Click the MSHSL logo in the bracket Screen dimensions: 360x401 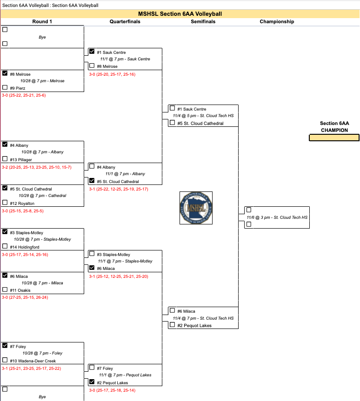196,208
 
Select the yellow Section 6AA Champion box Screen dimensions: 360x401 334,138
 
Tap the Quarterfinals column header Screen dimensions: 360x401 125,21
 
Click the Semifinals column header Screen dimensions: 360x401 203,21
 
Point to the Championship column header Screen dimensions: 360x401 277,21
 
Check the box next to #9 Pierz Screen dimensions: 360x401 5,87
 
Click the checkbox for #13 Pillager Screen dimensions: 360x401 5,159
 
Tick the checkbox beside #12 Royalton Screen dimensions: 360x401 5,203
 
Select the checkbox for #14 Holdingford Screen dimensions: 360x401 5,246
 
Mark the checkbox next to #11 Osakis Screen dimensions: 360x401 5,289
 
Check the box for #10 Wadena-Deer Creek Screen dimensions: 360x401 5,360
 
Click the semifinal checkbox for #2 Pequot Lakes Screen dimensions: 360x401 173,325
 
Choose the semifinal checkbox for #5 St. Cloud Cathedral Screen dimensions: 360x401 173,123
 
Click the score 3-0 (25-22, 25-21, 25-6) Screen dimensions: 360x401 24,95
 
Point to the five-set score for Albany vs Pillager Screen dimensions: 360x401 37,167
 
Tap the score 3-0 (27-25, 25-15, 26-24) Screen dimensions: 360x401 25,297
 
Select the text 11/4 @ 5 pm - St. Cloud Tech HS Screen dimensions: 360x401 203,116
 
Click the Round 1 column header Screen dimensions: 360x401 42,21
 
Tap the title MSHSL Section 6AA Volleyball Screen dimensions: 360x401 180,14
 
